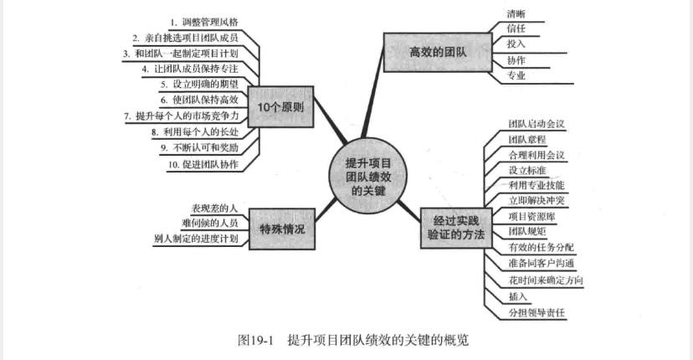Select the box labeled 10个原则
[x=280, y=107]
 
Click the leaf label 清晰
[x=516, y=14]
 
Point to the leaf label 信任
[x=516, y=29]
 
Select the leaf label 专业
[x=516, y=76]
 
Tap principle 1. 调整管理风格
[x=203, y=21]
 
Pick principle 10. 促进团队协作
[x=203, y=164]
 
